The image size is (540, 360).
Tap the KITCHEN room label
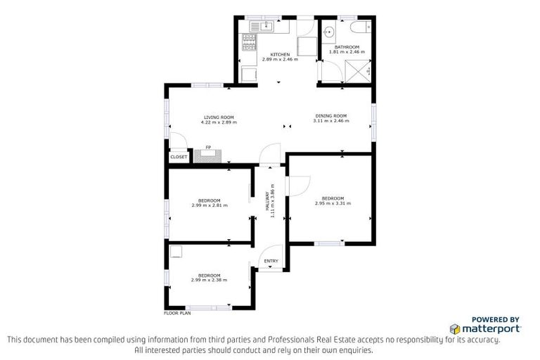tap(280, 54)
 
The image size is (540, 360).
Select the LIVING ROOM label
tap(219, 117)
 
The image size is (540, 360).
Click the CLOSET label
tap(179, 157)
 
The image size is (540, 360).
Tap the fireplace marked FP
tap(208, 154)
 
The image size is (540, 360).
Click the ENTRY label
tap(271, 262)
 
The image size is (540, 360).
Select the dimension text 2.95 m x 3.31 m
tap(333, 203)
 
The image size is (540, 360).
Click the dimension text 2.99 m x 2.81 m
tap(210, 205)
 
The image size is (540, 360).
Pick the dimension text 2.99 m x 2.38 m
tap(210, 280)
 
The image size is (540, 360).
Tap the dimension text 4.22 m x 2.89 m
tap(219, 122)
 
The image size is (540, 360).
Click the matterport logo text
tap(490, 328)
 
